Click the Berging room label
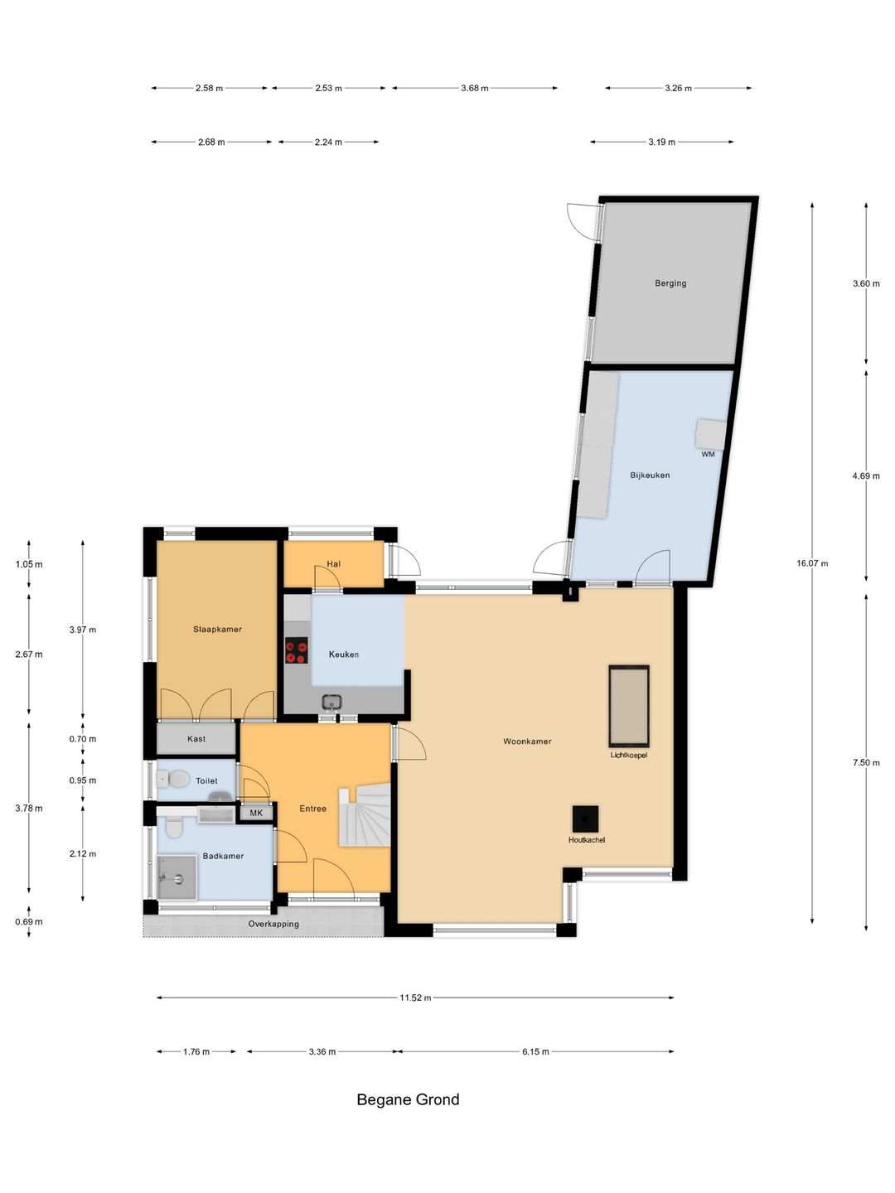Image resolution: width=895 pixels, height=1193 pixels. coord(670,283)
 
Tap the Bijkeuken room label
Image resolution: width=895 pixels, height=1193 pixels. coord(650,476)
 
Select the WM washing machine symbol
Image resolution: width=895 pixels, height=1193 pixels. coord(710,434)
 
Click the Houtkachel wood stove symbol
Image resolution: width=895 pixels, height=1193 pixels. coord(585,819)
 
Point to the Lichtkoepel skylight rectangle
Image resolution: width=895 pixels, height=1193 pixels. coord(629,706)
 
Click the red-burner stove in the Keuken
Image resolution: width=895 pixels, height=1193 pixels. coord(297,650)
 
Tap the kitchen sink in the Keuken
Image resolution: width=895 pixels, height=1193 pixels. coord(331,703)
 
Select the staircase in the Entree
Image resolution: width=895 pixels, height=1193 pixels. coord(365,817)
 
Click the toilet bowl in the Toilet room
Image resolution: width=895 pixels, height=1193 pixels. coord(177,779)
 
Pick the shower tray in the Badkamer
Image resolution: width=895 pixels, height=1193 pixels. coord(177,877)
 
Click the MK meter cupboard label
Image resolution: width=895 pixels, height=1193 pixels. coord(256,814)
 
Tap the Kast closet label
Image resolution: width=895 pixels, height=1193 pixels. coord(196,739)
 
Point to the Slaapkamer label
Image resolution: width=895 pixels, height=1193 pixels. coord(217,630)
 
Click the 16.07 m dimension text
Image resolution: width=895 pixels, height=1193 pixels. coord(812,563)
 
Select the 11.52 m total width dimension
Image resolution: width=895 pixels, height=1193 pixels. coord(415,998)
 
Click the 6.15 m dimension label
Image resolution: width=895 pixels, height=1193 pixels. coord(535,1052)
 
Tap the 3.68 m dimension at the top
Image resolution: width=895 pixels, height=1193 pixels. coord(475,88)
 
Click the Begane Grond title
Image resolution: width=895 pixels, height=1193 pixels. coord(408,1100)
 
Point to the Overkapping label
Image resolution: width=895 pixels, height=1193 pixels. coord(273,925)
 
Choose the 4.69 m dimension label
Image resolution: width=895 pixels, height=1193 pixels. coord(866,476)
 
